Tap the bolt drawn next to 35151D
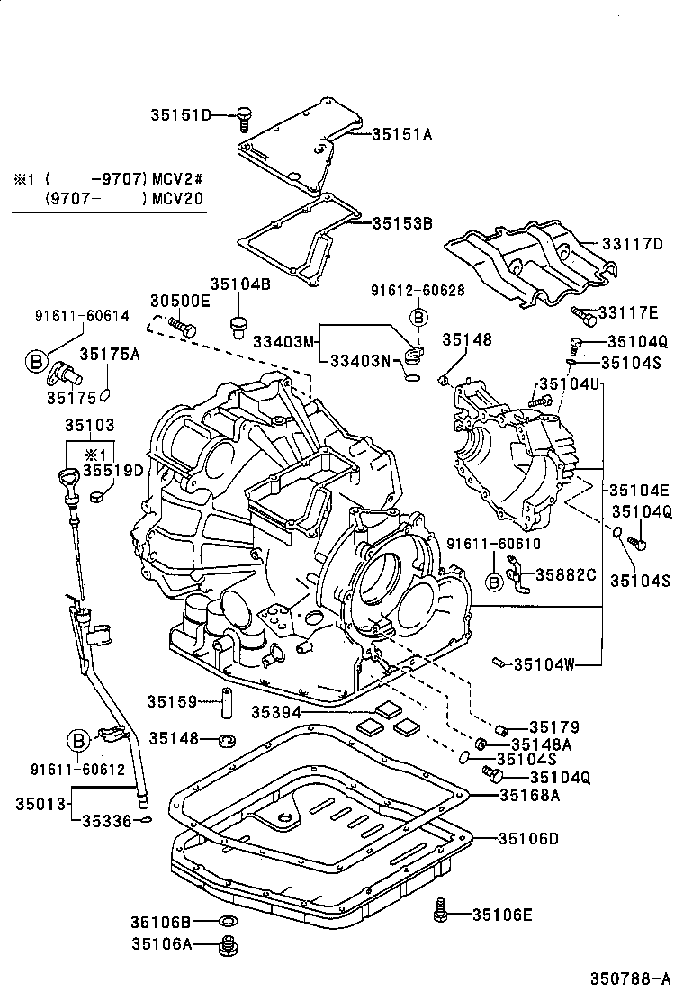[x=243, y=115]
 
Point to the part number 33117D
[x=632, y=243]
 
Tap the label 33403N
[x=361, y=362]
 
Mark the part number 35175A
[x=111, y=355]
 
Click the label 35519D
[x=113, y=470]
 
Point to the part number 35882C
[x=567, y=573]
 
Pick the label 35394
[x=275, y=711]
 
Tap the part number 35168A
[x=530, y=795]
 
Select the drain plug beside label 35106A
[x=229, y=945]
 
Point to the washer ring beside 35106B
[x=228, y=922]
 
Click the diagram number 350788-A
[x=630, y=979]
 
